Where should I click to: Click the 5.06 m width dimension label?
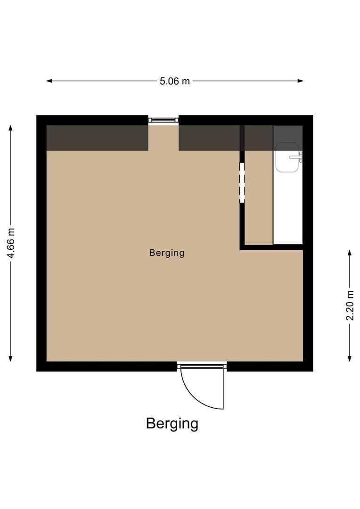pyautogui.click(x=174, y=81)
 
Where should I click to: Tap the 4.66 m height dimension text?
pyautogui.click(x=11, y=243)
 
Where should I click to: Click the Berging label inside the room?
pyautogui.click(x=166, y=253)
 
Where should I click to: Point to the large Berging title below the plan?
pyautogui.click(x=172, y=423)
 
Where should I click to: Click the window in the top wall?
pyautogui.click(x=164, y=120)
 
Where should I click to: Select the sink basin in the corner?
pyautogui.click(x=286, y=157)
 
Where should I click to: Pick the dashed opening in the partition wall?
pyautogui.click(x=242, y=182)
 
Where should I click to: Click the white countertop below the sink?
pyautogui.click(x=288, y=207)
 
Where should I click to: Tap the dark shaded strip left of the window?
pyautogui.click(x=97, y=138)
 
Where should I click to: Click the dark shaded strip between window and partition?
pyautogui.click(x=209, y=138)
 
